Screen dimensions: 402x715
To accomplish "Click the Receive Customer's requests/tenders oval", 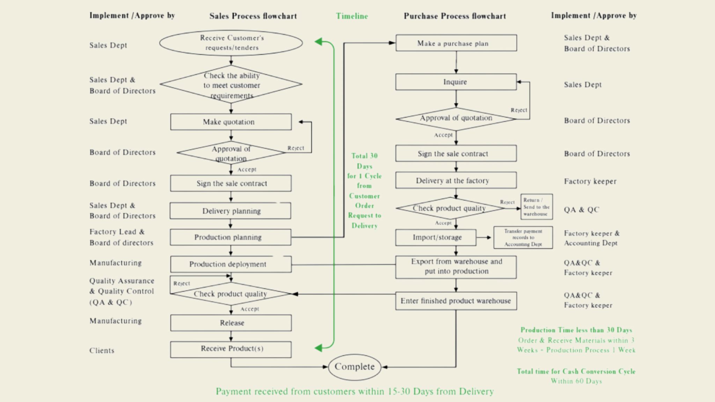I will [231, 43].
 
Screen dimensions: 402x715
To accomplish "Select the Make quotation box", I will [231, 122].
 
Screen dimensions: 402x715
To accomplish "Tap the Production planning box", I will [230, 237].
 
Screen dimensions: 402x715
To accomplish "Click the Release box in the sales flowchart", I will [231, 323].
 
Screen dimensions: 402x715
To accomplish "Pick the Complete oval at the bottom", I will [354, 367].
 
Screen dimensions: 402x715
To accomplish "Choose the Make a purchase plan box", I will [456, 43].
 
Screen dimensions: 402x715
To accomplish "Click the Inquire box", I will [456, 82].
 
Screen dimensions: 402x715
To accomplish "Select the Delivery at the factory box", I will [456, 181].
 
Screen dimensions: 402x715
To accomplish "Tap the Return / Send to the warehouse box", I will [536, 207].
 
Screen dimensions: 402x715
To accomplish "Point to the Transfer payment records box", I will [523, 238].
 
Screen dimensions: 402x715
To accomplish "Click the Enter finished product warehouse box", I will [456, 301].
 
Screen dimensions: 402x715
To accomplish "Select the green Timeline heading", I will [352, 16].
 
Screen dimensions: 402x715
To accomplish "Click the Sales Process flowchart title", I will [253, 16].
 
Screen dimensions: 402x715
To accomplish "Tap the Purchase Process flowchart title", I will [455, 16].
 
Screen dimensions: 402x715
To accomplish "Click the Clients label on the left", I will [102, 350].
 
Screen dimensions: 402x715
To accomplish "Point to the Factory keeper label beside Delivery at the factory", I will [590, 181].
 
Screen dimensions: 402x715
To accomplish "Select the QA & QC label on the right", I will [581, 210].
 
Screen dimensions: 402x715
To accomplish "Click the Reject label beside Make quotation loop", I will [296, 148].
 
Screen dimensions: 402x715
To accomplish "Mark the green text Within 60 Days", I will [576, 381].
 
